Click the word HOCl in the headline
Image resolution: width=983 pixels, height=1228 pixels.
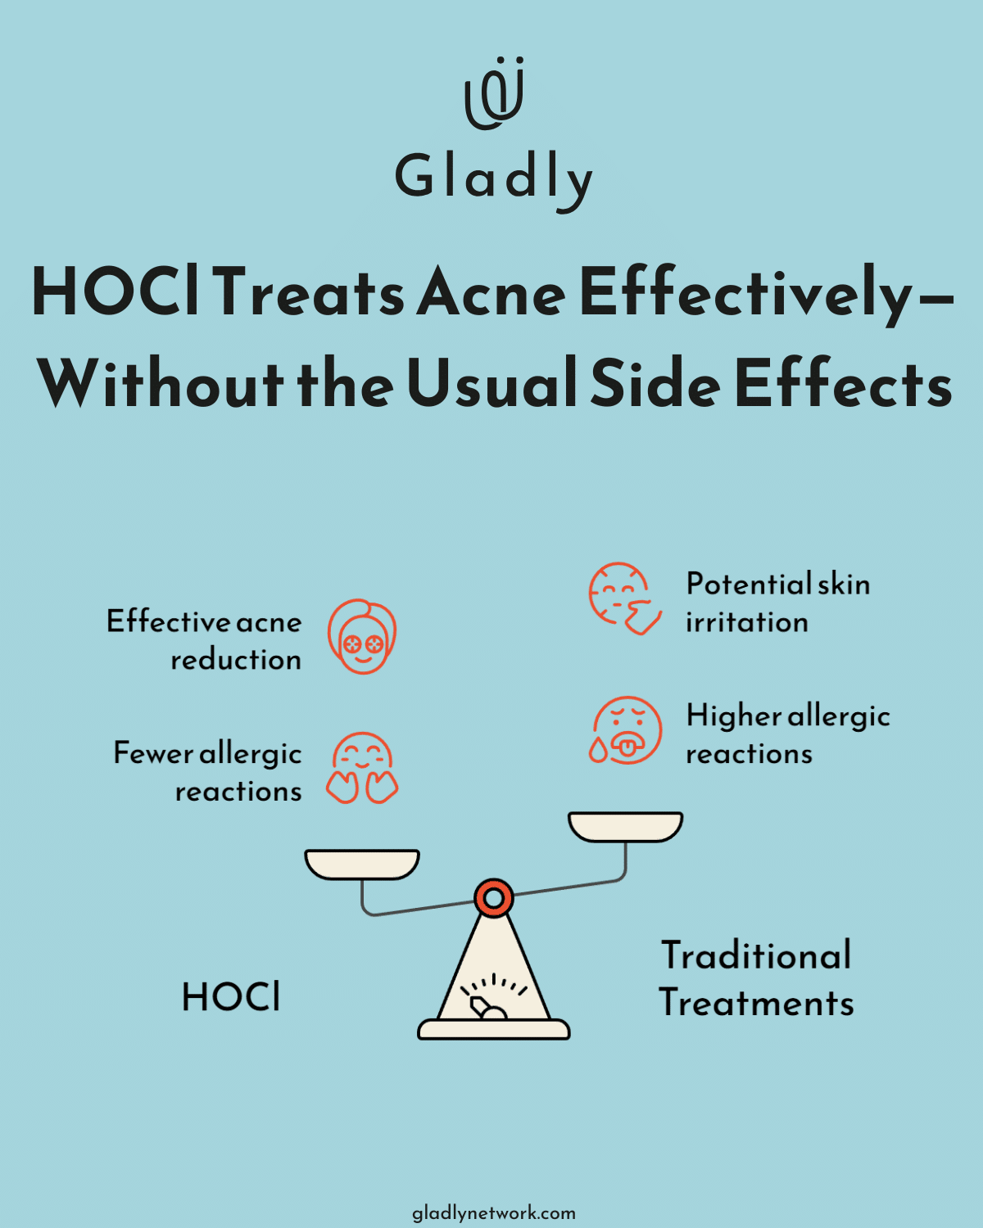coord(116,293)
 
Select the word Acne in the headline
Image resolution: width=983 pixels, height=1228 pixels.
coord(491,293)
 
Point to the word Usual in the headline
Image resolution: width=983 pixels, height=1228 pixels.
coord(491,383)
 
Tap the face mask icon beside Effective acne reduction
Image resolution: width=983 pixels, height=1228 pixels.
coord(362,637)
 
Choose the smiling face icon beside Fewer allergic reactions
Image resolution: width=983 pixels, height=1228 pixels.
coord(362,768)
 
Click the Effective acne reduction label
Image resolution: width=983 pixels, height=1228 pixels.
coord(205,640)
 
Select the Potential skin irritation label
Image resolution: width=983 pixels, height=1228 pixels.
coord(777,603)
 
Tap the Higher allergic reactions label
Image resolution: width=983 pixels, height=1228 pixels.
coord(787,734)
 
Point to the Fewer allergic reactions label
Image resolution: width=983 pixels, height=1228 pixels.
coord(208,771)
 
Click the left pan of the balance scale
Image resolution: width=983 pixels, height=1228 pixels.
coord(362,864)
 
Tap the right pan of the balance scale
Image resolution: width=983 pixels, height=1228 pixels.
coord(626,827)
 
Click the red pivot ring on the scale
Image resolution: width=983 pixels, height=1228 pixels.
coord(494,899)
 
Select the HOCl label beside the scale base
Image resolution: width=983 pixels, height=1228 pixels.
coord(231,997)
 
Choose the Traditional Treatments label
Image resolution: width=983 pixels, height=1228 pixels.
coord(756,979)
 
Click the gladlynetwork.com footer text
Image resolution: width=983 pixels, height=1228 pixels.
coord(493,1212)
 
